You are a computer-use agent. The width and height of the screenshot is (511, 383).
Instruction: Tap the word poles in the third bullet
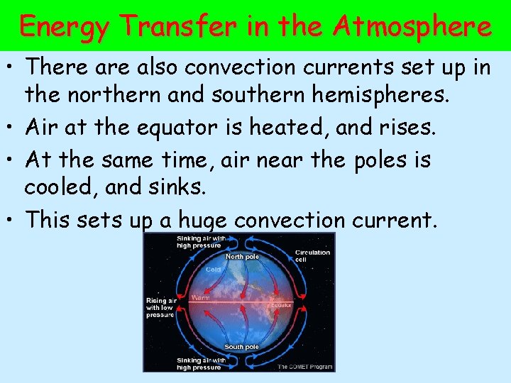[368, 160]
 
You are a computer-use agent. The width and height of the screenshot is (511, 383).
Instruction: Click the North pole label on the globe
[242, 257]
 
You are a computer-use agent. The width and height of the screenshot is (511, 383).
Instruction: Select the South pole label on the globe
[241, 347]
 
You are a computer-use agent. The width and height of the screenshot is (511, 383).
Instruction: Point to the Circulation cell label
[312, 255]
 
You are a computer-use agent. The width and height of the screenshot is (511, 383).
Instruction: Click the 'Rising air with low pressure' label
[160, 306]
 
